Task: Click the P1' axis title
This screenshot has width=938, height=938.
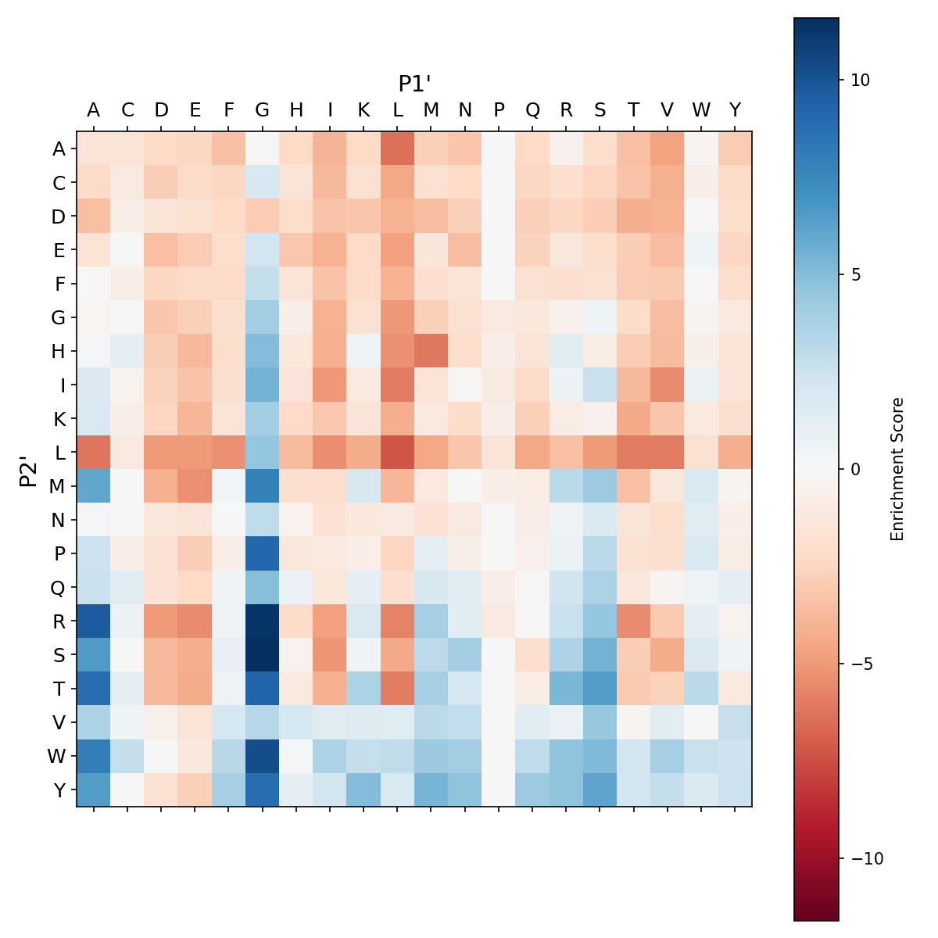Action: point(415,84)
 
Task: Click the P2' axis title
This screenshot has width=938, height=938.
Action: point(29,469)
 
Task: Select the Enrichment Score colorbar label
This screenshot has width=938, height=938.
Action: point(897,469)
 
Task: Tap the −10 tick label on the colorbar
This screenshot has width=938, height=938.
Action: point(865,857)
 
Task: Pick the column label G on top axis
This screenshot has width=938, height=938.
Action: point(263,110)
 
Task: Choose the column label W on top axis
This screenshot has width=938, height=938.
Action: point(701,110)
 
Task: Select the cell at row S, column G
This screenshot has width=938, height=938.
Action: point(263,654)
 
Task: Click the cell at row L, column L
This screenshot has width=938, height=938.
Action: point(398,452)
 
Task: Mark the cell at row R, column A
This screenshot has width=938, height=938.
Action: point(94,621)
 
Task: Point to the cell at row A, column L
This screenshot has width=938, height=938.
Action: point(398,149)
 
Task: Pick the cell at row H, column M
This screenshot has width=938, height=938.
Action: point(431,351)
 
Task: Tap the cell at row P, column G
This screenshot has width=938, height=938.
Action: point(263,553)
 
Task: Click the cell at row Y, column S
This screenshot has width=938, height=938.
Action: point(600,789)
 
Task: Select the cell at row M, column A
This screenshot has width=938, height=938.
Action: point(94,485)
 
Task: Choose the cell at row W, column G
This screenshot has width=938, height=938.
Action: point(263,756)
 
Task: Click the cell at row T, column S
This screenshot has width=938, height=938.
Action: point(600,688)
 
